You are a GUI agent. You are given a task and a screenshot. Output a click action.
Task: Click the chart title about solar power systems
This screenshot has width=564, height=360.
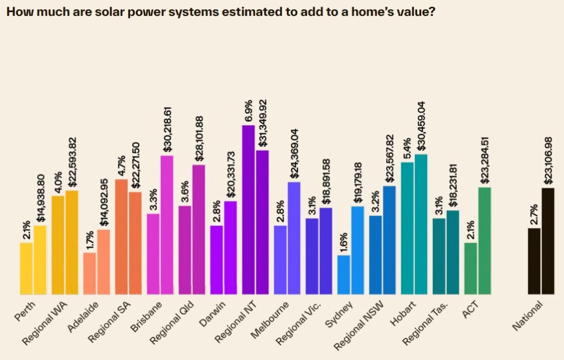point(220,12)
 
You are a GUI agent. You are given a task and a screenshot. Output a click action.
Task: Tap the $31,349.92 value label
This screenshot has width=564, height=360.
point(263,122)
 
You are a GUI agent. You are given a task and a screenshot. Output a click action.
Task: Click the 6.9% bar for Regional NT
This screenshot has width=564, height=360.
point(248,209)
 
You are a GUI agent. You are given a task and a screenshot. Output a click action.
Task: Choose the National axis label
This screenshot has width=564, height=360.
point(528,317)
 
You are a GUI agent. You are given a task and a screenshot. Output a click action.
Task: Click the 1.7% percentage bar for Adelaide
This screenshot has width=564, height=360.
point(90,273)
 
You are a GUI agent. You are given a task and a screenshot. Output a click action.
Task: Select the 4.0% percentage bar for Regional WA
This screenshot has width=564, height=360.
point(58,244)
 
